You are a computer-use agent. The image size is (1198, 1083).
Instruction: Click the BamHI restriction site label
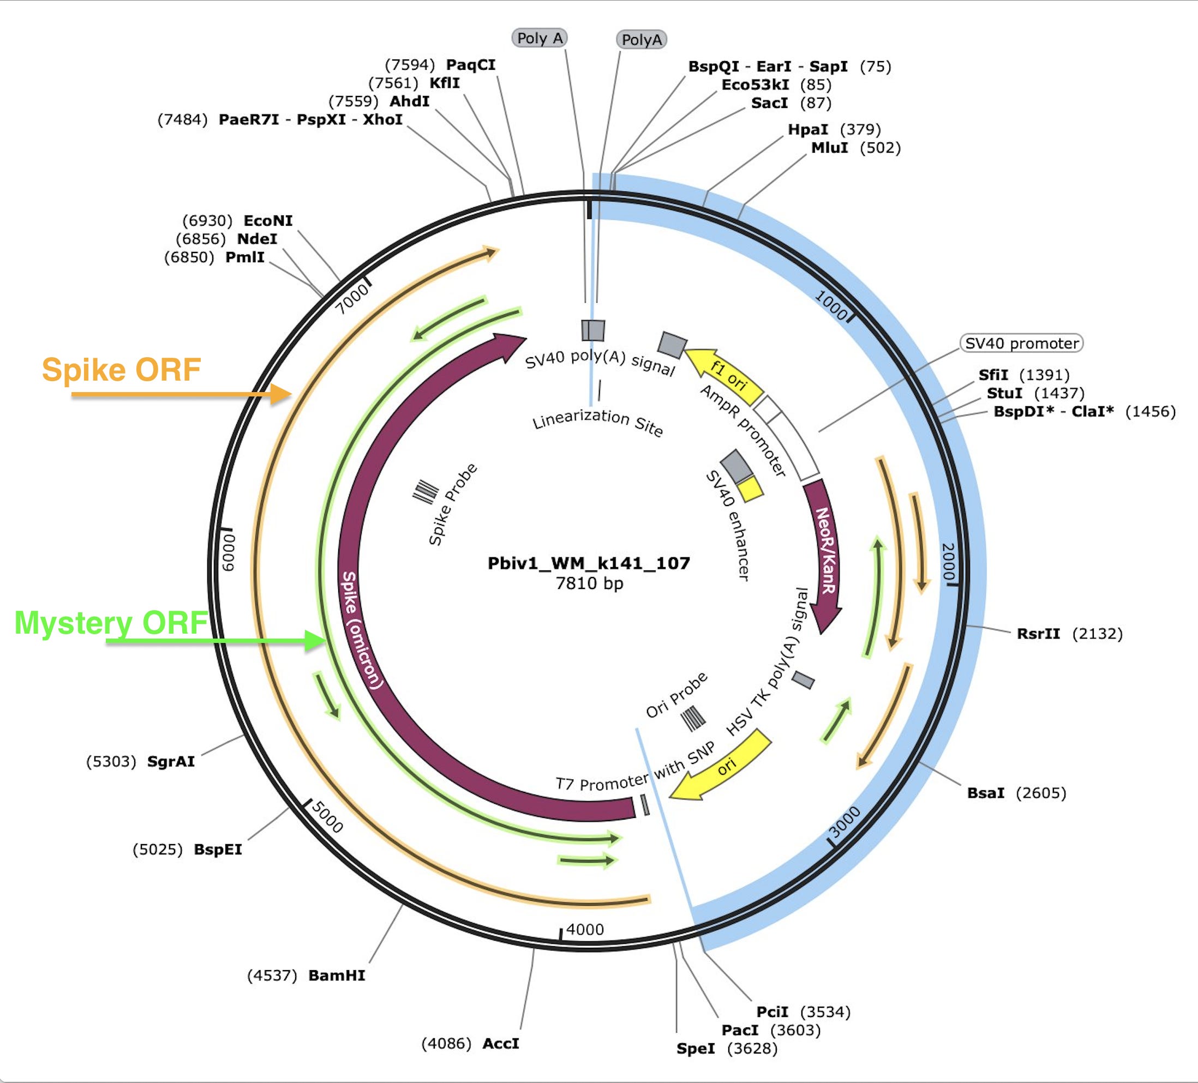pyautogui.click(x=337, y=976)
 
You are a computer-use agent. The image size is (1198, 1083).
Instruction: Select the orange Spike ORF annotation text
pyautogui.click(x=121, y=370)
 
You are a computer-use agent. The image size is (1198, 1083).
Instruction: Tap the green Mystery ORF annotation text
pyautogui.click(x=111, y=623)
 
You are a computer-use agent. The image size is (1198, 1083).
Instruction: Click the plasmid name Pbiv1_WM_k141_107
pyautogui.click(x=589, y=563)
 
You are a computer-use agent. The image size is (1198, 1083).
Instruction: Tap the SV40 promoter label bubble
pyautogui.click(x=1021, y=344)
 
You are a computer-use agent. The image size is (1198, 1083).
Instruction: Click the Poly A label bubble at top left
pyautogui.click(x=540, y=39)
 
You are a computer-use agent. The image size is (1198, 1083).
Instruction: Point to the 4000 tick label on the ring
pyautogui.click(x=585, y=929)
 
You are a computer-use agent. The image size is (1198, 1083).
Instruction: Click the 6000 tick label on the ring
pyautogui.click(x=229, y=552)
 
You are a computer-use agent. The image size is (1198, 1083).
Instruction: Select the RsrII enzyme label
pyautogui.click(x=1038, y=634)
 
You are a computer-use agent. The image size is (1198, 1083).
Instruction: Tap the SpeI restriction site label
pyautogui.click(x=695, y=1049)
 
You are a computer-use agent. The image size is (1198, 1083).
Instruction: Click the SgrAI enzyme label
pyautogui.click(x=171, y=762)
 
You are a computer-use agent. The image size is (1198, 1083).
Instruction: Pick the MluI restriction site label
pyautogui.click(x=830, y=148)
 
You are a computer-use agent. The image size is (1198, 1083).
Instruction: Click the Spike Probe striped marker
pyautogui.click(x=426, y=491)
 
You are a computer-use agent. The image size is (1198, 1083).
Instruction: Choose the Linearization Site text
pyautogui.click(x=597, y=421)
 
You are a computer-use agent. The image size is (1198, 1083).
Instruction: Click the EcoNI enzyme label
pyautogui.click(x=268, y=221)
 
